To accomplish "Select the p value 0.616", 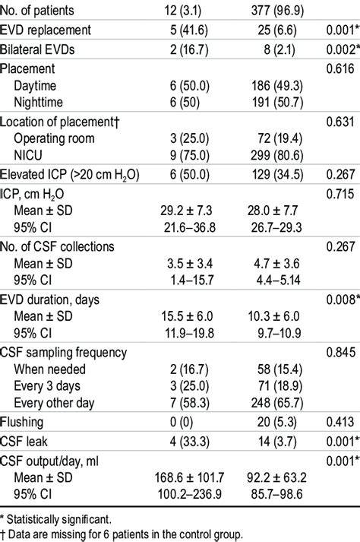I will point(339,68).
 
